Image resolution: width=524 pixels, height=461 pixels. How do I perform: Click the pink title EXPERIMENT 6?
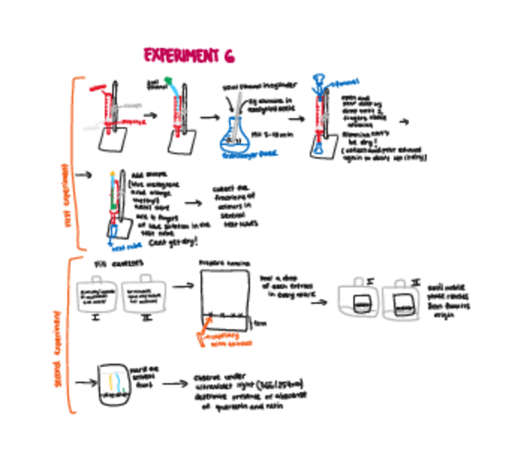[x=189, y=56]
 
